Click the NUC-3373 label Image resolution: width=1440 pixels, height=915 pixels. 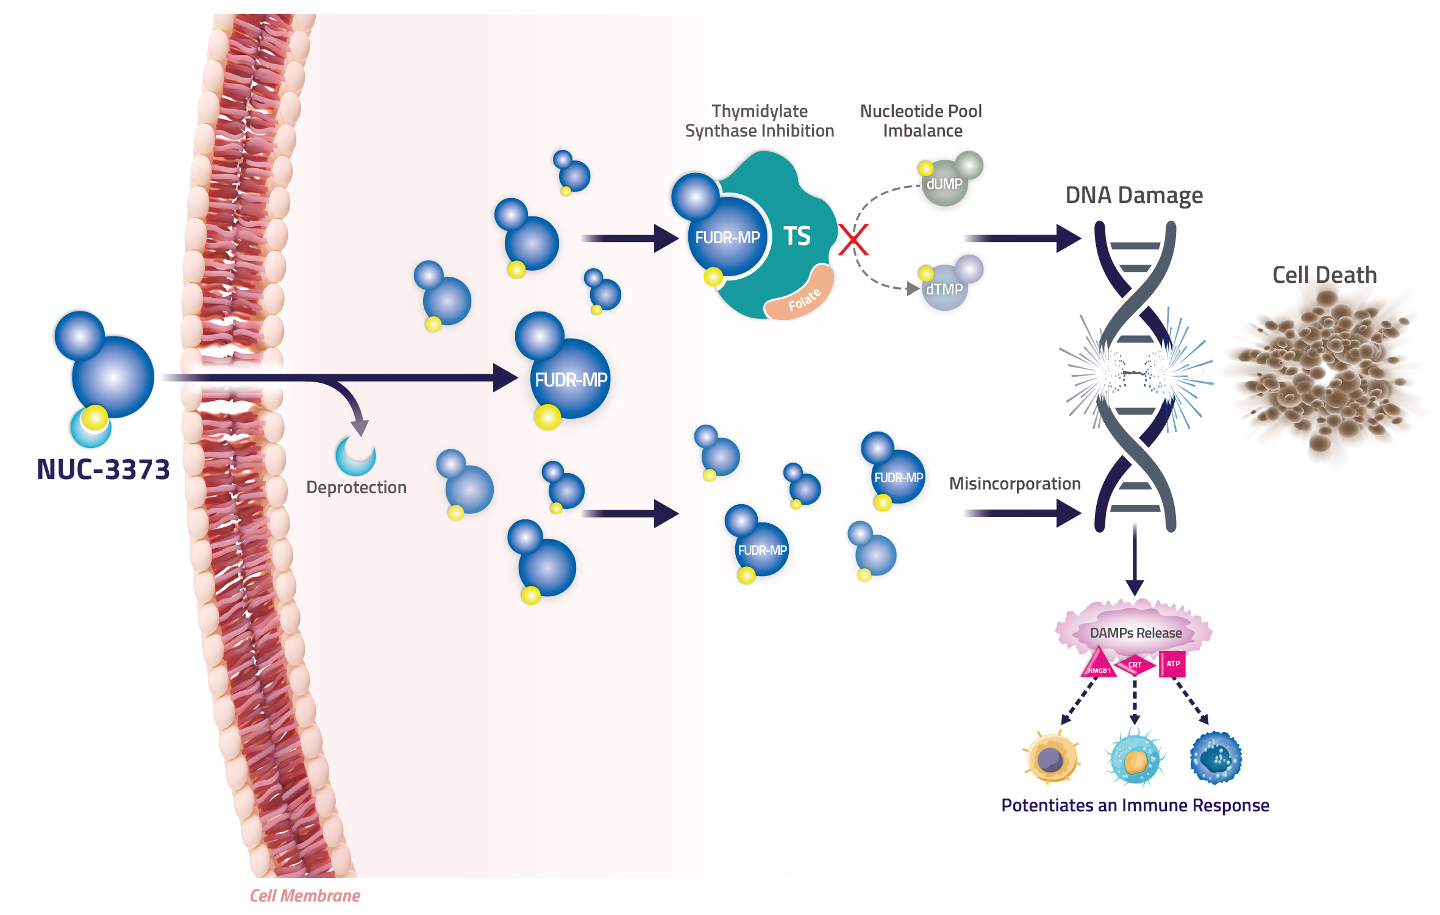point(103,469)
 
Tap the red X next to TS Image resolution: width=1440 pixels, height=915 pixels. point(853,239)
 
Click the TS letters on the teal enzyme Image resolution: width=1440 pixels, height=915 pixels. point(797,236)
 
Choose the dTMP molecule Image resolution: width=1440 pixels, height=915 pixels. point(948,283)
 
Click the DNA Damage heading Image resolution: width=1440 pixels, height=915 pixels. point(1134,195)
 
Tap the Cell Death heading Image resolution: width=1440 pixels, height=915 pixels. point(1324,275)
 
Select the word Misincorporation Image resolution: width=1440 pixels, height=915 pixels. point(1014,484)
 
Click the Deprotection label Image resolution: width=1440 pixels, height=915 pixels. point(356,488)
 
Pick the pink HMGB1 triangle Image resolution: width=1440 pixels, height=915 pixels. point(1098,663)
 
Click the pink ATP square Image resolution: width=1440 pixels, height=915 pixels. point(1172,664)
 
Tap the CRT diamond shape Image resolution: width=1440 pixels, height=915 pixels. point(1135,664)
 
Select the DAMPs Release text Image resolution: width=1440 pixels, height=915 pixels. point(1136,633)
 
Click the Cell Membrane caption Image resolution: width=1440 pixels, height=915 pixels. point(305,895)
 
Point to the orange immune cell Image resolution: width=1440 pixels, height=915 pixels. point(1051,758)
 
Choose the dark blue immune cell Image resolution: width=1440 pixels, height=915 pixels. point(1216,758)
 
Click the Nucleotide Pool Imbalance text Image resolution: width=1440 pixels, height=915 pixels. point(921,121)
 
